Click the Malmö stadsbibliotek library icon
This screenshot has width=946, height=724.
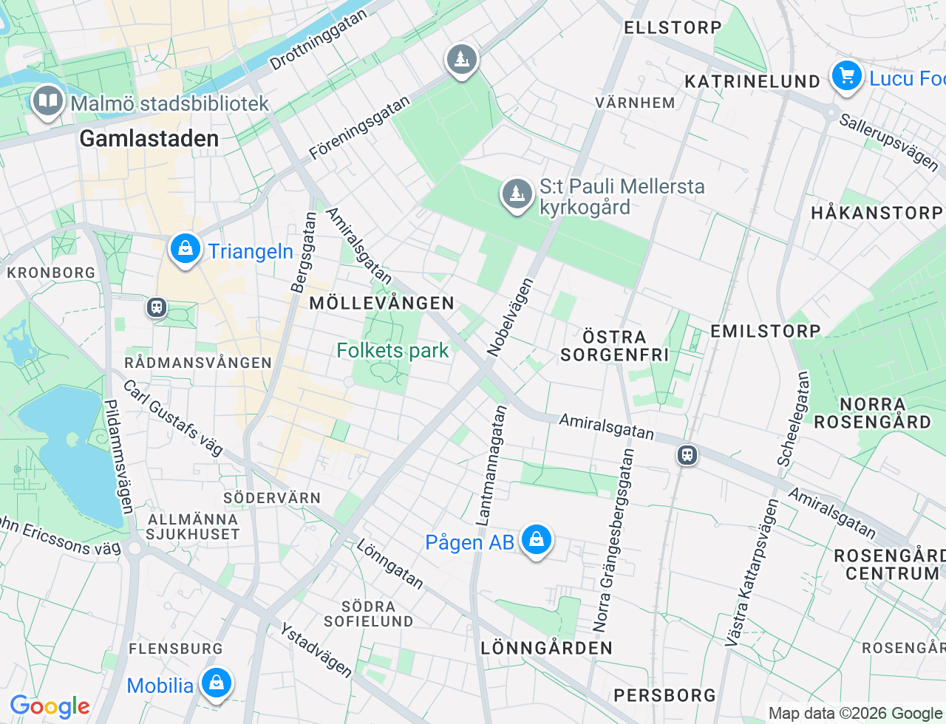48,101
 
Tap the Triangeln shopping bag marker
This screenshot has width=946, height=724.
185,250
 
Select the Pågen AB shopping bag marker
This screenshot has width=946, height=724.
536,540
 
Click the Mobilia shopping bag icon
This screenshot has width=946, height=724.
216,683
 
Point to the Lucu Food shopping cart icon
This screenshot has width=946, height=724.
846,76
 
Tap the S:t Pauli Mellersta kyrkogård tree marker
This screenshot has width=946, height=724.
517,194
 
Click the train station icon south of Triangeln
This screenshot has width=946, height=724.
156,307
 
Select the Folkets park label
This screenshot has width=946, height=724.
392,350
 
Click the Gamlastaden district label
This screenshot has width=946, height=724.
149,138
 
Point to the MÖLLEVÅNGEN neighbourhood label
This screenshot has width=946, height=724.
381,303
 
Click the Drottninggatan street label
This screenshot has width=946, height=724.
318,40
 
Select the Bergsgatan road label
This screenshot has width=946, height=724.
303,253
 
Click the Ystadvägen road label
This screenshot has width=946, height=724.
316,649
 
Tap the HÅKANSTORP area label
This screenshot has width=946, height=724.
877,214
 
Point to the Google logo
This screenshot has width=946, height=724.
50,706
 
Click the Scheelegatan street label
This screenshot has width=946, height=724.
793,418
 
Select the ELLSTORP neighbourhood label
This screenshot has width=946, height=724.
673,28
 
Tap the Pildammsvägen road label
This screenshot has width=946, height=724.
118,457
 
